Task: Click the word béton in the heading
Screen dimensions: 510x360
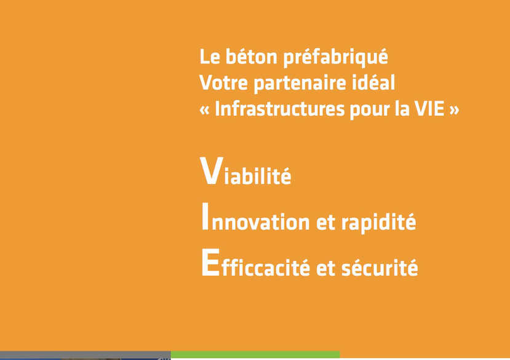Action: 251,57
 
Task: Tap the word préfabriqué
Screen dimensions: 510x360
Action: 335,58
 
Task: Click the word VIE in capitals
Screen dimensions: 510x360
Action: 429,109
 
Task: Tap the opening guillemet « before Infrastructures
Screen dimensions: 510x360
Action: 204,110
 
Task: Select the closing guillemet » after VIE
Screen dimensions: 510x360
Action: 454,110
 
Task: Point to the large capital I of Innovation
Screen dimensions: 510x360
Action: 205,216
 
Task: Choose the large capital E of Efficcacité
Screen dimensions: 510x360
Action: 210,262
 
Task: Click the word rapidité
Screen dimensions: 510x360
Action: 378,223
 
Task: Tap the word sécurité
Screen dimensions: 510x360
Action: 380,268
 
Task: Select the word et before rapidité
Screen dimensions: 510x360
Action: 325,223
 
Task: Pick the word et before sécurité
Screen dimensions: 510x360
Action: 325,268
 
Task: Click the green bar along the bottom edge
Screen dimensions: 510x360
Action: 255,354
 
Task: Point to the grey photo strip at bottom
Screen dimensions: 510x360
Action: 86,356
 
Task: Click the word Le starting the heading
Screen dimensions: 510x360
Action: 209,57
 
